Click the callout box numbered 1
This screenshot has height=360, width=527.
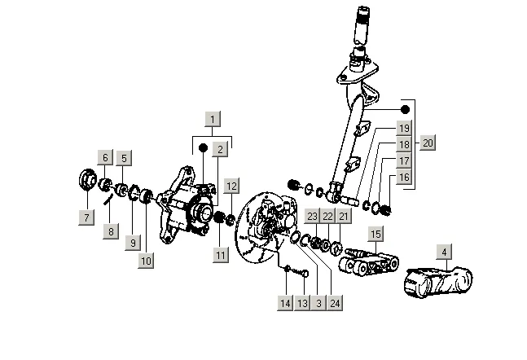click(213, 120)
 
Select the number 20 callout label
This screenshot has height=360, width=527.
click(428, 143)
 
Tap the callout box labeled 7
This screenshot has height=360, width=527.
click(86, 217)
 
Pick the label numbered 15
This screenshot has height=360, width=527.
click(375, 234)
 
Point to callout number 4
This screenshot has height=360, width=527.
click(445, 252)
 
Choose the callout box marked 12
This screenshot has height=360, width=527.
click(231, 186)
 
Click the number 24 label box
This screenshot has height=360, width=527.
click(335, 303)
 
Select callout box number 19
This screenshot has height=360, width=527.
click(404, 128)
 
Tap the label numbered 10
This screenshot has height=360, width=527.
click(146, 261)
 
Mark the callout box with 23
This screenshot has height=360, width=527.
click(312, 216)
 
